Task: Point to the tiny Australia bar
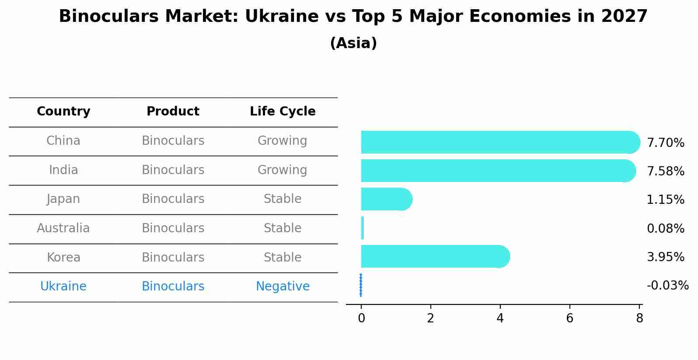point(363,228)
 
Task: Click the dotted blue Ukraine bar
point(361,285)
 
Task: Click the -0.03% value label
point(667,286)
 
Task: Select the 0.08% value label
point(665,228)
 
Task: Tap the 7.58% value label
point(665,171)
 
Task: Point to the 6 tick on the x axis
point(569,318)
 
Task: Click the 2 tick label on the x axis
point(430,318)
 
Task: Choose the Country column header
point(63,112)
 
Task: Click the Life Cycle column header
point(283,112)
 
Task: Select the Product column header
point(173,112)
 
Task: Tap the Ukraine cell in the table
point(63,287)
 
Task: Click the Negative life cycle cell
point(283,287)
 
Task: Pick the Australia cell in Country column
point(63,228)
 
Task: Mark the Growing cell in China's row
point(283,141)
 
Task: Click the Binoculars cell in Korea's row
point(173,257)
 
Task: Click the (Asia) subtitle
point(353,43)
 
